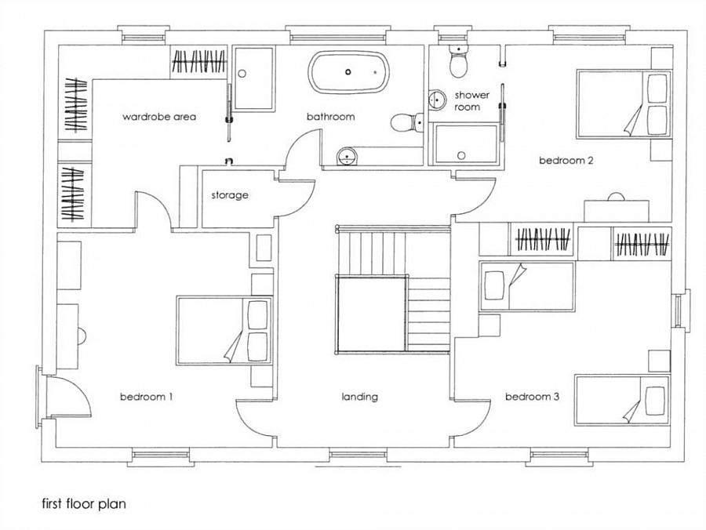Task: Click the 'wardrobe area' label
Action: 159,117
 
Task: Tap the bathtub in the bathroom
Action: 348,72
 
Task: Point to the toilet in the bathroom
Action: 406,122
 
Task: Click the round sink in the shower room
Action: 436,100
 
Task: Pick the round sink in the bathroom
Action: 347,156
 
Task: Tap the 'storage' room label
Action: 230,195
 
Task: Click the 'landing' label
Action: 359,397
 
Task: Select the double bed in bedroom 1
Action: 224,330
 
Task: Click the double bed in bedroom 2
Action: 624,103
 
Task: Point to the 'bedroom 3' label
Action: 532,397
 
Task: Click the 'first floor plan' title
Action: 84,503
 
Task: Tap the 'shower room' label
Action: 471,101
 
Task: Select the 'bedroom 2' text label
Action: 566,160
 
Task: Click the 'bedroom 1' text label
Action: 147,397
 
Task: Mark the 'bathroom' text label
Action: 330,117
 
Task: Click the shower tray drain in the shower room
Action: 461,156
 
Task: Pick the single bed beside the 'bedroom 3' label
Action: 622,400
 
